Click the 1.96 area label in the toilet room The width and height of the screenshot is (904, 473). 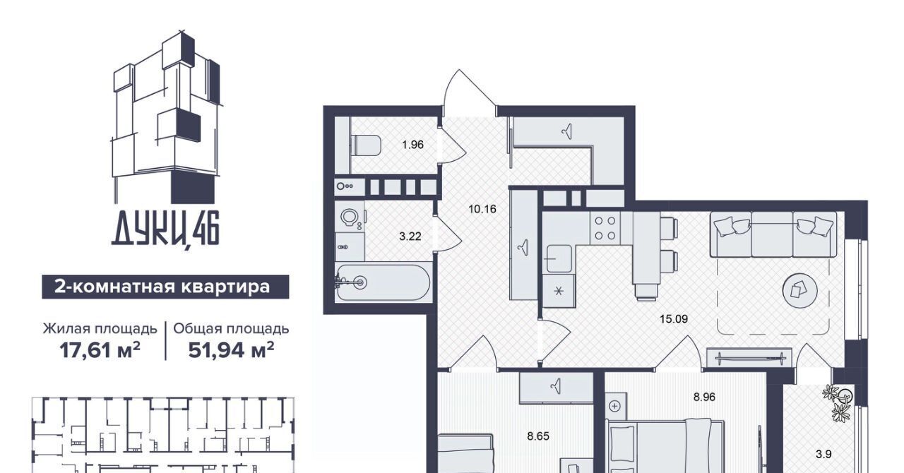click(413, 145)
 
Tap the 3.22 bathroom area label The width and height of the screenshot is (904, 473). click(410, 236)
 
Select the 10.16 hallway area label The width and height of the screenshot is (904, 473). click(482, 209)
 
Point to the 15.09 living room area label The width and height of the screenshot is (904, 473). click(674, 319)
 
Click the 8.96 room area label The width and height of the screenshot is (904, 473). click(704, 397)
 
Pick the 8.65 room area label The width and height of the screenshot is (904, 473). click(538, 436)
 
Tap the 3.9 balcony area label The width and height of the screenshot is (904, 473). click(823, 455)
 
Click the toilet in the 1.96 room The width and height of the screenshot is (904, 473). click(366, 145)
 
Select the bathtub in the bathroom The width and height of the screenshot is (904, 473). click(383, 282)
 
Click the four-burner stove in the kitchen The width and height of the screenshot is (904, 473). click(605, 228)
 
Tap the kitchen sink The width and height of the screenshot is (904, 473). click(559, 258)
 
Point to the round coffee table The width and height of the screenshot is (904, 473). click(800, 291)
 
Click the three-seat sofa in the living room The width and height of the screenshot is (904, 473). click(773, 234)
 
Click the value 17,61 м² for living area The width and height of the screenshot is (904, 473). click(100, 350)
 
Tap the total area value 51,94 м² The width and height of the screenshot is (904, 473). click(231, 350)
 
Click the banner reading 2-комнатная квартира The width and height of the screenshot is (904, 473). click(165, 287)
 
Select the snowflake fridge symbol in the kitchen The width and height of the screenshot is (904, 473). click(559, 291)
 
